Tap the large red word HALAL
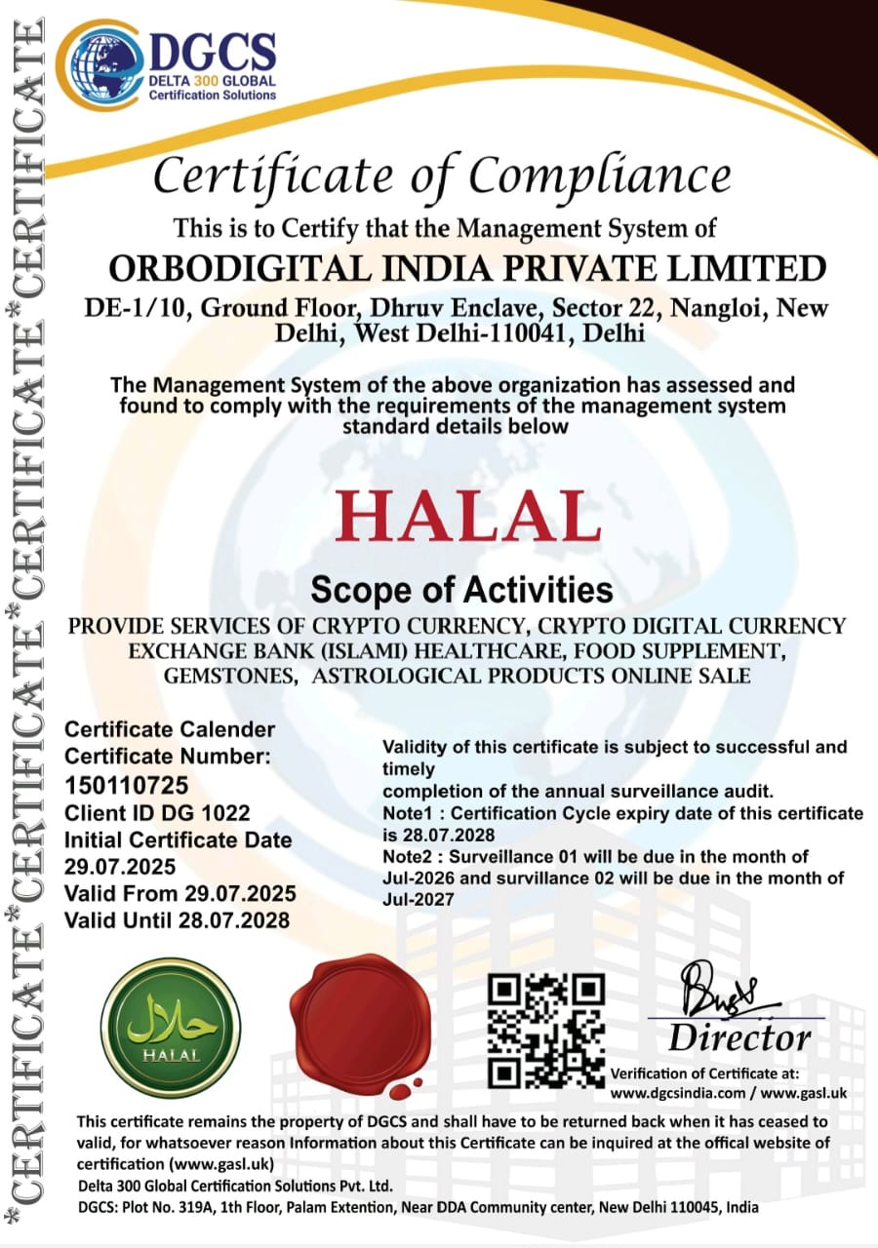click(467, 517)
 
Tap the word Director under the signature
click(738, 1035)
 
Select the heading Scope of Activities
click(460, 590)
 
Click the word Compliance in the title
click(599, 176)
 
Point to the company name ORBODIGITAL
click(256, 267)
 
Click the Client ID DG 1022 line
click(156, 812)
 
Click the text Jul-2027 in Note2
click(419, 900)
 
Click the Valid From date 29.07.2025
click(238, 893)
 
